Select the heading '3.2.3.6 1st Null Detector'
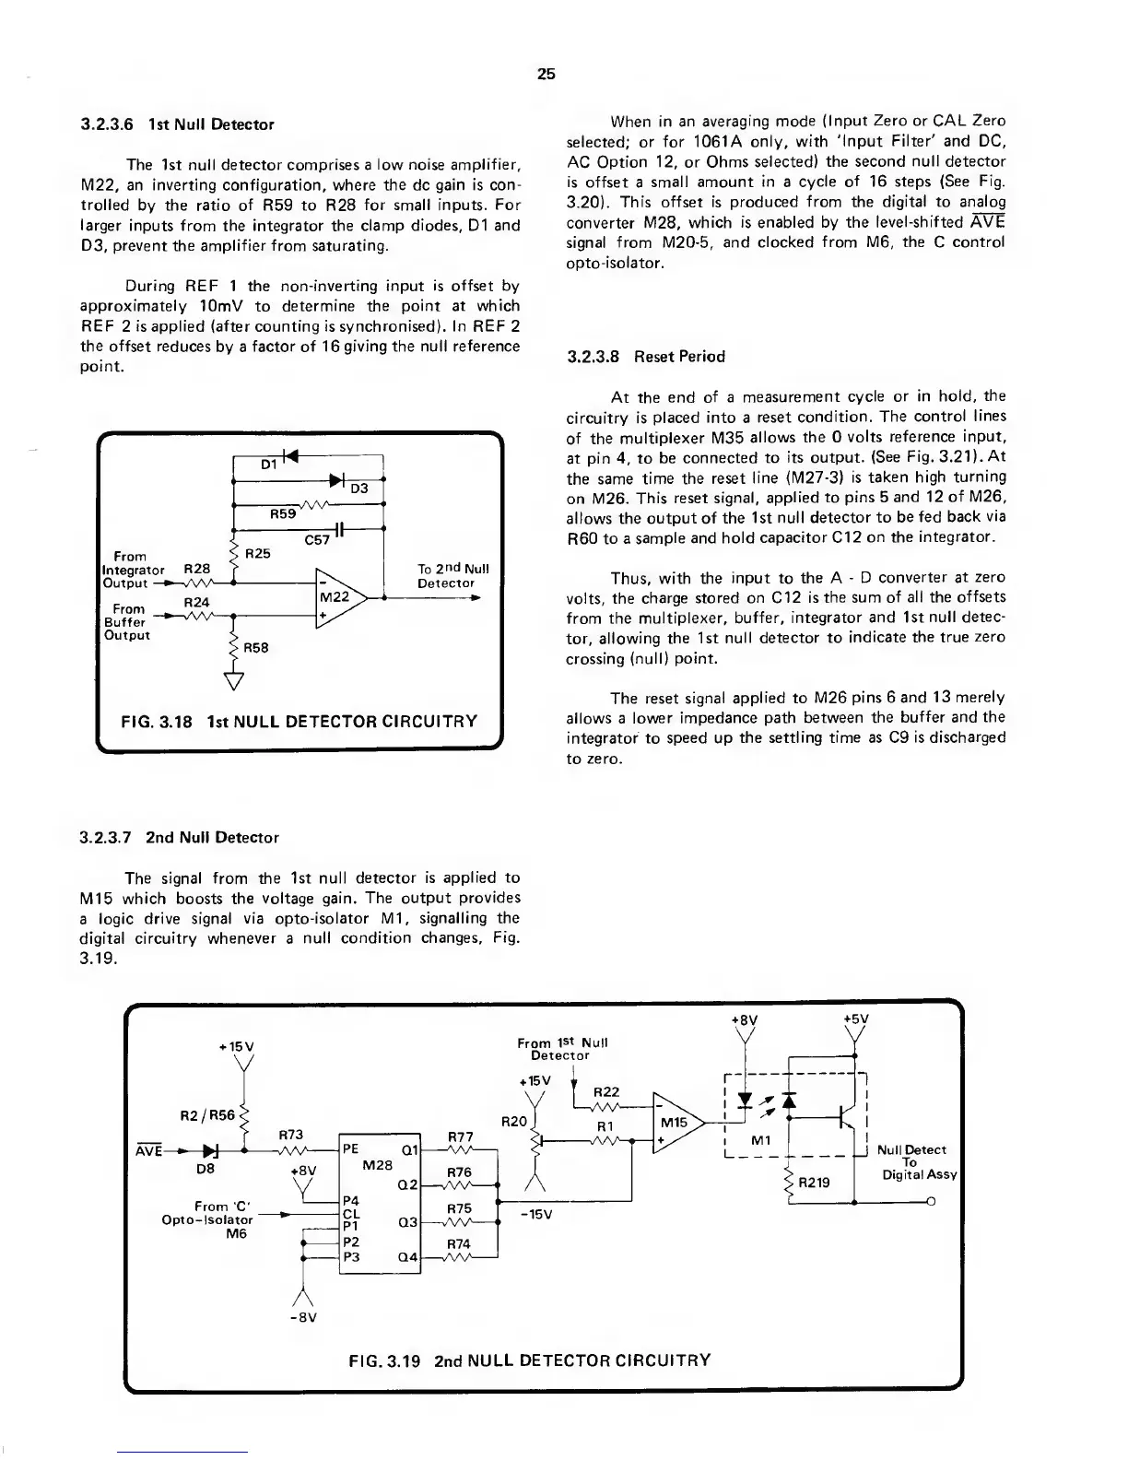point(177,124)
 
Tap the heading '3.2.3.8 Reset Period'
point(646,357)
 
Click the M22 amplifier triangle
point(337,597)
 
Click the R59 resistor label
point(282,514)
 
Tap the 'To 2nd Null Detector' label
point(452,576)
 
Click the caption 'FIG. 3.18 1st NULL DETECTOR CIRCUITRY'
point(298,721)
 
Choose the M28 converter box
point(380,1203)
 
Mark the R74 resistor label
point(459,1243)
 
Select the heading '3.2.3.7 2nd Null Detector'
point(179,838)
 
